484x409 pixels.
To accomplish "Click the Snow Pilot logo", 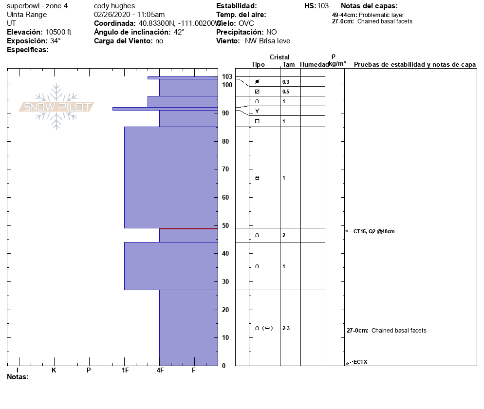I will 56,107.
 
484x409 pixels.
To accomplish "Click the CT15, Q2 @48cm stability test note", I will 374,231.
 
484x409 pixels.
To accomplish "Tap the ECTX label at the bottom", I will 360,362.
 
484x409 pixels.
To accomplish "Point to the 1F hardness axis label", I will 125,371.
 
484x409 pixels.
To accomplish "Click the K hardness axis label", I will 54,371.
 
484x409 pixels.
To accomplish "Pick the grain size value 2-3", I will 286,328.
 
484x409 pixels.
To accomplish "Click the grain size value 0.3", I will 286,82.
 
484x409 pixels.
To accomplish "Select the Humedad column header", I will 314,65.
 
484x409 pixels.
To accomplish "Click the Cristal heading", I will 279,57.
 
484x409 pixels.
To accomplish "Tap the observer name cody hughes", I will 114,6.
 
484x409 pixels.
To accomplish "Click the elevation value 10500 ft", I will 58,32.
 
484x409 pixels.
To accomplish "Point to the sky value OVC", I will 246,23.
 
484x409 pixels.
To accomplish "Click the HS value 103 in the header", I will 323,6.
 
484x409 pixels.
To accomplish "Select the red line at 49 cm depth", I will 188,228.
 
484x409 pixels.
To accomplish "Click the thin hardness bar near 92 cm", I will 165,109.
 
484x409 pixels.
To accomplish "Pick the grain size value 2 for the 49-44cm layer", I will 284,235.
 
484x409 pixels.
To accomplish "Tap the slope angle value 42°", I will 179,32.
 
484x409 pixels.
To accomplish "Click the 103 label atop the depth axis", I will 227,76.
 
